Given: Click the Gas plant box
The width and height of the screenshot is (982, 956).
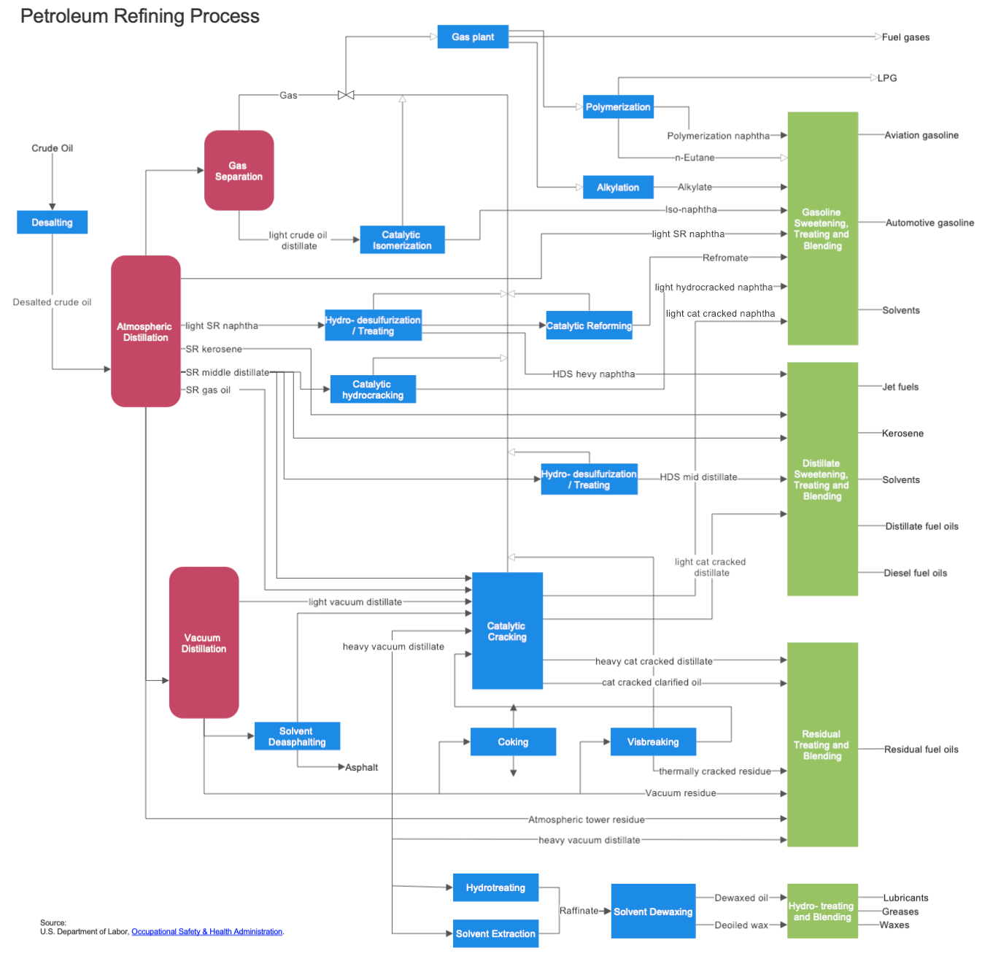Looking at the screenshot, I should click(x=472, y=36).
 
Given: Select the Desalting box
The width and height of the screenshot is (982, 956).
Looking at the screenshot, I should click(x=52, y=223).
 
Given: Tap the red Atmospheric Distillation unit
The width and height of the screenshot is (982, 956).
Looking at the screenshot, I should click(x=145, y=331).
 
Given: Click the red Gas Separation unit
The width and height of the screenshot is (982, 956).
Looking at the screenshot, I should click(x=239, y=171).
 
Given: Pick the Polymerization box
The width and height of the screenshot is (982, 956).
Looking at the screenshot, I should click(x=617, y=107).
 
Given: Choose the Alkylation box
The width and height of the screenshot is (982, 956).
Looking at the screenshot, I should click(x=617, y=188).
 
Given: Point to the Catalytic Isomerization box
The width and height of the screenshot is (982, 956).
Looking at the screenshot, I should click(x=402, y=240).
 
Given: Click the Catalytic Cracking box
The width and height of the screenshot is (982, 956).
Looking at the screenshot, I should click(x=507, y=631).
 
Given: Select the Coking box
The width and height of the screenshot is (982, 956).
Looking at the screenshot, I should click(x=513, y=741).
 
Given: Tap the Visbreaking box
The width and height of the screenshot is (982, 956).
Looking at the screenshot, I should click(x=653, y=741).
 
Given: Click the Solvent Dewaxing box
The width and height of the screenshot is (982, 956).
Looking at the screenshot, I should click(x=653, y=911).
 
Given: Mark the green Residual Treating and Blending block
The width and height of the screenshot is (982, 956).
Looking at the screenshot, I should click(x=822, y=744).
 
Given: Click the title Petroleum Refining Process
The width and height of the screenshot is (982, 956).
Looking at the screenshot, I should click(x=140, y=16).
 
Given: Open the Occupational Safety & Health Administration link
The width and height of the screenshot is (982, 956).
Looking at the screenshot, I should click(x=206, y=932).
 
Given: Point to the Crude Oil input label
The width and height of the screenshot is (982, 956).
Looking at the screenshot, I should click(x=52, y=148).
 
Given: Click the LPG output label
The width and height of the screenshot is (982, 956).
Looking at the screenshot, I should click(x=887, y=78).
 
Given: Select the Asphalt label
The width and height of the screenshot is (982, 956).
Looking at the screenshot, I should click(x=361, y=768).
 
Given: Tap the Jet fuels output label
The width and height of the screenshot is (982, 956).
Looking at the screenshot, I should click(x=900, y=387).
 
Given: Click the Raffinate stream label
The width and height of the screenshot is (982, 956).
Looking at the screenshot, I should click(x=579, y=911).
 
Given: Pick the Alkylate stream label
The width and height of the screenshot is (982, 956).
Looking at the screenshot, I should click(x=695, y=188).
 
